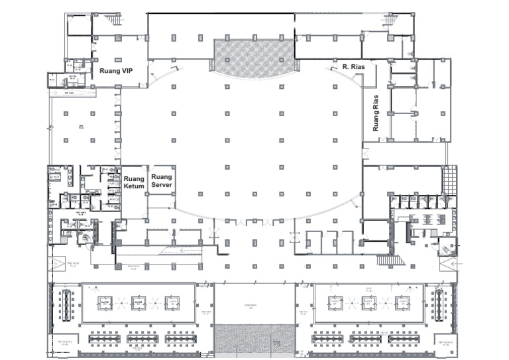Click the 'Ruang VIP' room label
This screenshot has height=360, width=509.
117,70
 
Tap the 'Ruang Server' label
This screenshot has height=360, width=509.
162,180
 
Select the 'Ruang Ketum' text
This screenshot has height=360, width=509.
135,182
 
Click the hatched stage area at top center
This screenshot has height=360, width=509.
253,57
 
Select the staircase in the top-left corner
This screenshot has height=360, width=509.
117,20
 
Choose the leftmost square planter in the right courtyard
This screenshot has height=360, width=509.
335,303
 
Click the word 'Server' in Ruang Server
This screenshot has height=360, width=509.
162,185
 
